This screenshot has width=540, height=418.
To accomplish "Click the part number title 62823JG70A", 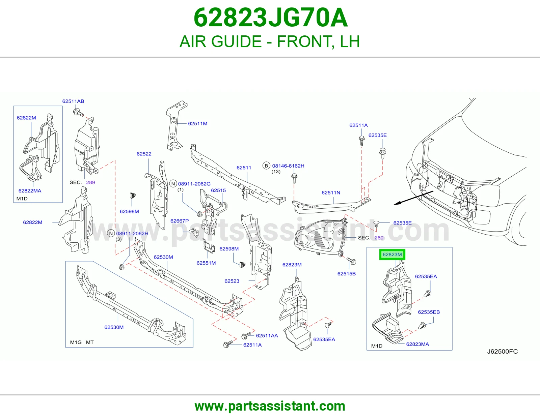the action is [270, 18].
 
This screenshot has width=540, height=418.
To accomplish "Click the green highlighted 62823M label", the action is [392, 255].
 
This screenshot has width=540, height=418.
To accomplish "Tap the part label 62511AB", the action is [73, 101].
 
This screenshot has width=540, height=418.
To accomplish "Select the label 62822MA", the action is [30, 191].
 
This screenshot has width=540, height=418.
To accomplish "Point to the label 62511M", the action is [197, 123].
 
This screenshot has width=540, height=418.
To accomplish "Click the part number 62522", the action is [144, 154].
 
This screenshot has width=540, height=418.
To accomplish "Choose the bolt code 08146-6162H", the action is [288, 166].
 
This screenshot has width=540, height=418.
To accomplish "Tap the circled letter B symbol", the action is [266, 166].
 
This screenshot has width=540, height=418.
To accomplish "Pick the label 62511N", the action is [331, 192].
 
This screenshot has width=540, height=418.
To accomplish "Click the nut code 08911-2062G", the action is [194, 184].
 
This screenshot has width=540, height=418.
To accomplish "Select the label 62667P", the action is [180, 221].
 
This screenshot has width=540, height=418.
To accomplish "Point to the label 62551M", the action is [206, 263].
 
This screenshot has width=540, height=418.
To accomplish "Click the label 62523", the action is [232, 281].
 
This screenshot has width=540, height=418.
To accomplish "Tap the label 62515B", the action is [346, 273].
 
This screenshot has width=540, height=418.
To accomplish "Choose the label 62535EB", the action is [429, 312].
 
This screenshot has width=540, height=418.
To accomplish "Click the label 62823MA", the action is [417, 344].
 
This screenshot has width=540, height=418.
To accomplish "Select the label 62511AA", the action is [267, 336].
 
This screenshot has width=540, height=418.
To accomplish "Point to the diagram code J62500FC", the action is [502, 351].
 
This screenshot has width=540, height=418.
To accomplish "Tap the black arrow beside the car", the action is [413, 198].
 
